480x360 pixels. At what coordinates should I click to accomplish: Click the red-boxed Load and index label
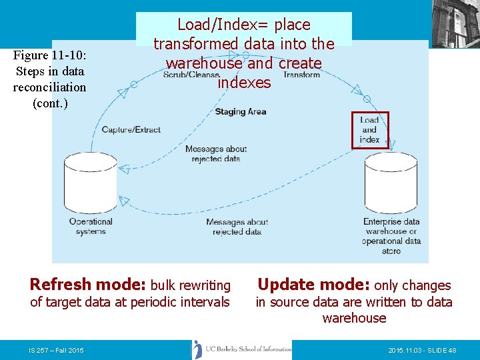pos(369,130)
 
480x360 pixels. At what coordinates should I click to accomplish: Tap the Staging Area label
pos(240,111)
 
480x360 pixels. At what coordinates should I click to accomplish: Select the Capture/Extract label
pos(131,129)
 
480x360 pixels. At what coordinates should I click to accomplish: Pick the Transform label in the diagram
pos(302,75)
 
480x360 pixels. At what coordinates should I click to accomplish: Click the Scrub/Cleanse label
pos(191,75)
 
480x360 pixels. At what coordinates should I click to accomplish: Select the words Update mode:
pos(313,285)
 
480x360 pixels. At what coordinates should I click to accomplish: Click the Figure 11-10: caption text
pos(49,55)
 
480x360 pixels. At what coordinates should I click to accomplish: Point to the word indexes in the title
pos(244,83)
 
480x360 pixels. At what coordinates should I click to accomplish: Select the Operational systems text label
pos(91,227)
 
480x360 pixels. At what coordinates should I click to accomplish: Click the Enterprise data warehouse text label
pos(391,236)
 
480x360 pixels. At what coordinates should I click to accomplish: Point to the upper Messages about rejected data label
pos(216,154)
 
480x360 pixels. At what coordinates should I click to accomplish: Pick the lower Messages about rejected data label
pos(237,227)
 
